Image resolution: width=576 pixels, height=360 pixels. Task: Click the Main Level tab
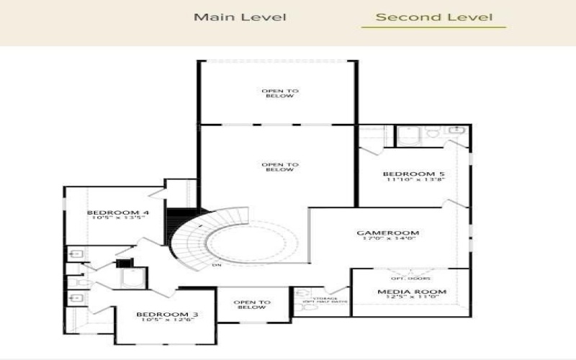[240, 17]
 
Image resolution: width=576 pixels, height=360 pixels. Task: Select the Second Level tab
[434, 17]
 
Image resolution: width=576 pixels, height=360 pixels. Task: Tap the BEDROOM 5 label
[409, 174]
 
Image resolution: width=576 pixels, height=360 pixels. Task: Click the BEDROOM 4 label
[118, 212]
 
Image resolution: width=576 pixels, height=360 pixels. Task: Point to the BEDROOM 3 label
[168, 315]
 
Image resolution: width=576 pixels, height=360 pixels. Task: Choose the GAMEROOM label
[388, 233]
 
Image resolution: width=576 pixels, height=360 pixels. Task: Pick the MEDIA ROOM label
[412, 292]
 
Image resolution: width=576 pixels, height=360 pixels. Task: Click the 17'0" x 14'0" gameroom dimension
[388, 240]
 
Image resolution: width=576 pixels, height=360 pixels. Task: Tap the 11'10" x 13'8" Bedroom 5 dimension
[409, 181]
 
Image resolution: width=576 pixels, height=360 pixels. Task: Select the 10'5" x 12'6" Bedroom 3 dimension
[168, 321]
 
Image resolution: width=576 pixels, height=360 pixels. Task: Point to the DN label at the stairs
[215, 266]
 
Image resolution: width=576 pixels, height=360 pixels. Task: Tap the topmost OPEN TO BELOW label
[279, 93]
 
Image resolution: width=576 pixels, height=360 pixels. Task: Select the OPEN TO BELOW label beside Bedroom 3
[252, 305]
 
